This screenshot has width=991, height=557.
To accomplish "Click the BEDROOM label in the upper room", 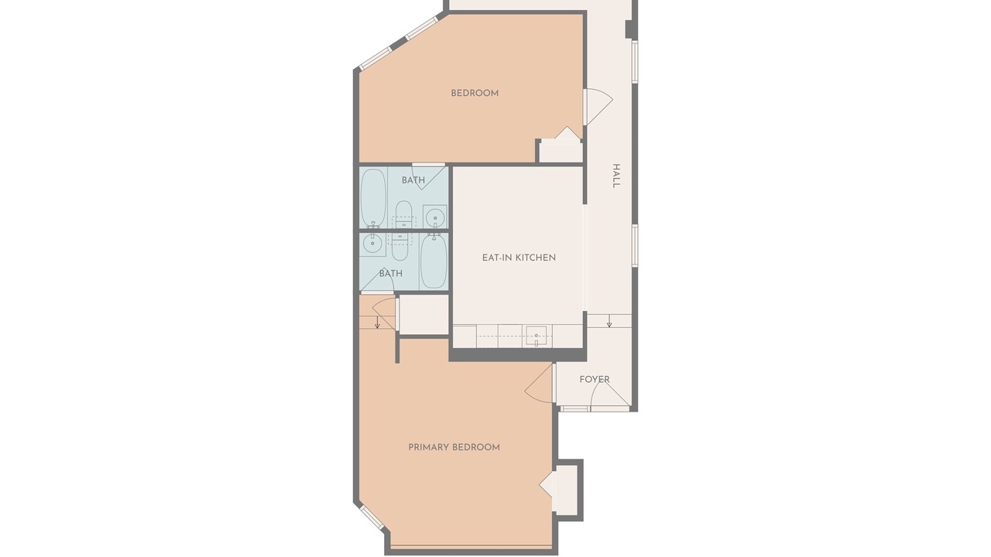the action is click(475, 94).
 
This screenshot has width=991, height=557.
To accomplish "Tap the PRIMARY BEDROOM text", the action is click(454, 447).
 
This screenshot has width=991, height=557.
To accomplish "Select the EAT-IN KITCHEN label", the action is click(519, 258).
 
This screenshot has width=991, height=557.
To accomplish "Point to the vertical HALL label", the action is click(616, 176).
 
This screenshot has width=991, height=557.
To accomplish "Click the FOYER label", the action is click(595, 379).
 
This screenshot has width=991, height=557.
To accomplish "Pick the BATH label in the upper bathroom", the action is click(413, 180).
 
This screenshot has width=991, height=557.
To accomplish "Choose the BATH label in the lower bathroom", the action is click(391, 274).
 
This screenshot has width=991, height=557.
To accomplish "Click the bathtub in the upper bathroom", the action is click(373, 197).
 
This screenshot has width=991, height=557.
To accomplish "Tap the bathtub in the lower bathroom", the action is click(433, 261).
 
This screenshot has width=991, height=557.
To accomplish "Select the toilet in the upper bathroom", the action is click(403, 215).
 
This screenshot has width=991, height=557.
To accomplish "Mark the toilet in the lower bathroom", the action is click(400, 247).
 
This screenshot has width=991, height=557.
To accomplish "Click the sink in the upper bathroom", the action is click(435, 217).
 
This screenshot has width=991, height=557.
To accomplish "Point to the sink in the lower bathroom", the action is click(372, 244).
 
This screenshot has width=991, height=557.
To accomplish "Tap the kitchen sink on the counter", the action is click(537, 336).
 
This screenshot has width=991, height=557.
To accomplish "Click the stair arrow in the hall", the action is click(609, 321).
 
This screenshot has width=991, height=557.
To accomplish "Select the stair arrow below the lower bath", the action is click(377, 323).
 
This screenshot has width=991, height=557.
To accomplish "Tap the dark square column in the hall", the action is click(629, 29).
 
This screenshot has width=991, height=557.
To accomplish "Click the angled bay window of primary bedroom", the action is click(372, 518).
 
